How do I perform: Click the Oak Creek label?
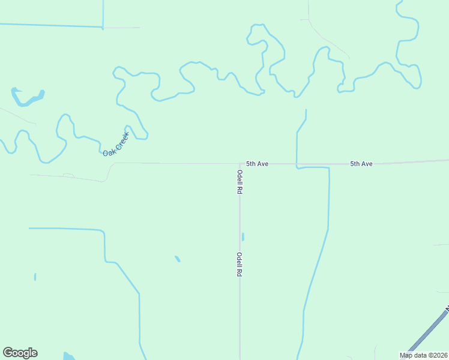pyautogui.click(x=116, y=144)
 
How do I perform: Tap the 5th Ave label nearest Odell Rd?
pyautogui.click(x=257, y=163)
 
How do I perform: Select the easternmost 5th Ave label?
pyautogui.click(x=361, y=163)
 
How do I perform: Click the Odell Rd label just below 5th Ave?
pyautogui.click(x=240, y=182)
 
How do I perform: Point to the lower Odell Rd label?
pyautogui.click(x=239, y=264)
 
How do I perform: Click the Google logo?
pyautogui.click(x=20, y=353)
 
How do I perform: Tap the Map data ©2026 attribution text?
pyautogui.click(x=424, y=355)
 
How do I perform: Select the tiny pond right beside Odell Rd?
pyautogui.click(x=243, y=236)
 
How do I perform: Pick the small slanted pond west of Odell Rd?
pyautogui.click(x=178, y=259)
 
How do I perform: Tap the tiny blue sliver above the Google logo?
pyautogui.click(x=35, y=277)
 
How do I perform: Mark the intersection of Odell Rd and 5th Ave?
pyautogui.click(x=240, y=163)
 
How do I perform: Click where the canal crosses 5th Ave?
pyautogui.click(x=297, y=163)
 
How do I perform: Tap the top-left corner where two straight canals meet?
pyautogui.click(x=103, y=27)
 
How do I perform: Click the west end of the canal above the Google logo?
pyautogui.click(x=29, y=228)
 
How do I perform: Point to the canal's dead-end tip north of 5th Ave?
pyautogui.click(x=306, y=110)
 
